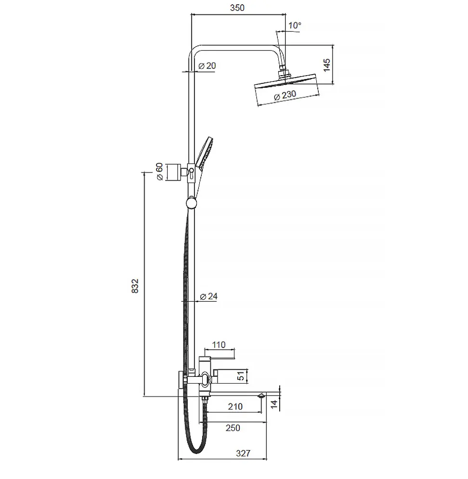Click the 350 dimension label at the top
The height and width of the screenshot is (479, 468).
tap(237, 8)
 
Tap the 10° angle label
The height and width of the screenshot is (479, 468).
tap(295, 26)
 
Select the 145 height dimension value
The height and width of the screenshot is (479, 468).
tap(326, 66)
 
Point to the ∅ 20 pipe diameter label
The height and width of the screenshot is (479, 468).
tap(207, 66)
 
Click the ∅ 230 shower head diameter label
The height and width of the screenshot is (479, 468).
tap(285, 95)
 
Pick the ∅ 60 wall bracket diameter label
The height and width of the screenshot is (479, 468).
tap(159, 172)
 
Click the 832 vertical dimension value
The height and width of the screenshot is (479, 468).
tap(135, 286)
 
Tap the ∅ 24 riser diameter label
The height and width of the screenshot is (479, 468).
tap(209, 296)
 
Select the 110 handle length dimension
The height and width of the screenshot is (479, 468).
tap(219, 345)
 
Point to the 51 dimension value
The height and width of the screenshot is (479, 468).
tap(241, 376)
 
